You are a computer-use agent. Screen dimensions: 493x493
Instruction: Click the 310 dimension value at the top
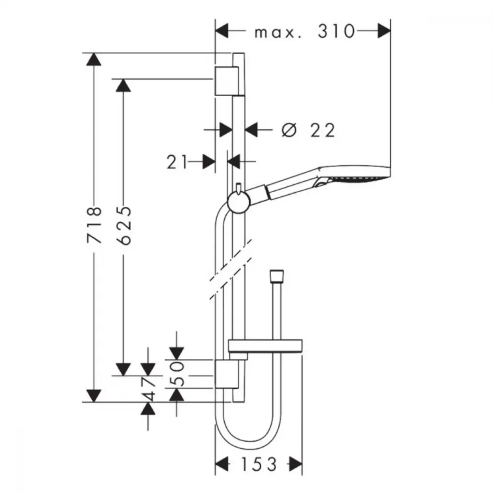336,32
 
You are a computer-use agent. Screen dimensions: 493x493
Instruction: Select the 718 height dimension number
94,224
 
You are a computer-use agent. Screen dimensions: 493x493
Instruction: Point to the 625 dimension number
123,225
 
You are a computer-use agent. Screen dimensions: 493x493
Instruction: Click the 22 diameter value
322,130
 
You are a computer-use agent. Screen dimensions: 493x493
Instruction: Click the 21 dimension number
176,162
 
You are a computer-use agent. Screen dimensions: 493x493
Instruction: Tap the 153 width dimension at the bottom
259,464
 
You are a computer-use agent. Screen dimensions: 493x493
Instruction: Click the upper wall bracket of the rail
227,81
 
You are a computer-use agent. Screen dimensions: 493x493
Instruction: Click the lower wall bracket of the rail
227,374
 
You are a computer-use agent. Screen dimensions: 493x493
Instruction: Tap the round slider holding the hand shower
239,202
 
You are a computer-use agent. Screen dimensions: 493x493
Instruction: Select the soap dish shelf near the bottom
265,346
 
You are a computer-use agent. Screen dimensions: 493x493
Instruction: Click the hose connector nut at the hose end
277,276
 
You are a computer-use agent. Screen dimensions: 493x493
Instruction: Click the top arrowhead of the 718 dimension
94,59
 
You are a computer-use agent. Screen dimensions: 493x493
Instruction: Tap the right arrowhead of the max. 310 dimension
384,31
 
